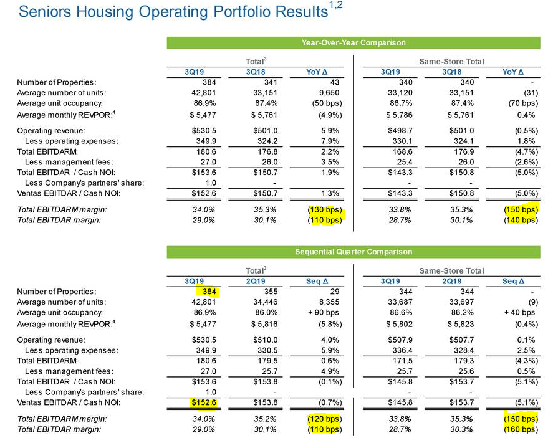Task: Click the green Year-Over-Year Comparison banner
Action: tap(353, 42)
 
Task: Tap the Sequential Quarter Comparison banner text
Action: tap(353, 252)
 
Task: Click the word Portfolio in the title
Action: tap(241, 11)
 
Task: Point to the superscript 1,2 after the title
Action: tap(335, 6)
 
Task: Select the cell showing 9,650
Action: tap(329, 93)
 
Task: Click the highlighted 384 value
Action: tap(209, 292)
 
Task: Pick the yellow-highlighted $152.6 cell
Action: tap(204, 402)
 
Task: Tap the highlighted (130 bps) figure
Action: tap(325, 210)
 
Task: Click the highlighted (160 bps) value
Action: tap(521, 429)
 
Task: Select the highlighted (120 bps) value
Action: tap(325, 419)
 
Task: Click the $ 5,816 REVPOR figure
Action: tap(264, 325)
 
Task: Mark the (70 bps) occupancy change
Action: tap(523, 103)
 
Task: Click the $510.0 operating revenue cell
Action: tap(265, 340)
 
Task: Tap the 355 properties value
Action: tap(271, 292)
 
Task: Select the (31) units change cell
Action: tap(531, 93)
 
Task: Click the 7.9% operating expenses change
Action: tap(330, 141)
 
